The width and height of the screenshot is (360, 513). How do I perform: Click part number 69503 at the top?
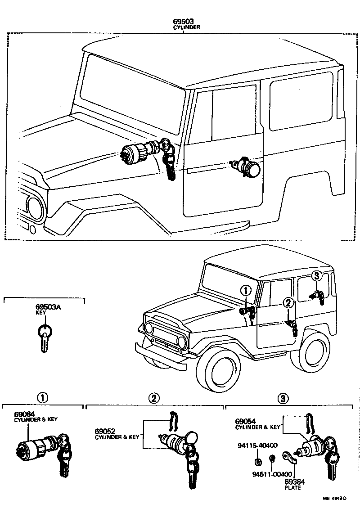click(x=187, y=21)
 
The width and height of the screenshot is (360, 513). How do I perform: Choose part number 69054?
click(x=246, y=421)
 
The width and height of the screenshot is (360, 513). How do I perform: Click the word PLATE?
click(x=293, y=488)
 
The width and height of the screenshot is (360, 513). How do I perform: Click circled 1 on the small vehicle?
click(x=246, y=291)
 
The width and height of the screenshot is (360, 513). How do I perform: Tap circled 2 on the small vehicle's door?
click(x=288, y=304)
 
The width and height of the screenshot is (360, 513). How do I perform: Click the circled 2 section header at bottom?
click(x=154, y=398)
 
